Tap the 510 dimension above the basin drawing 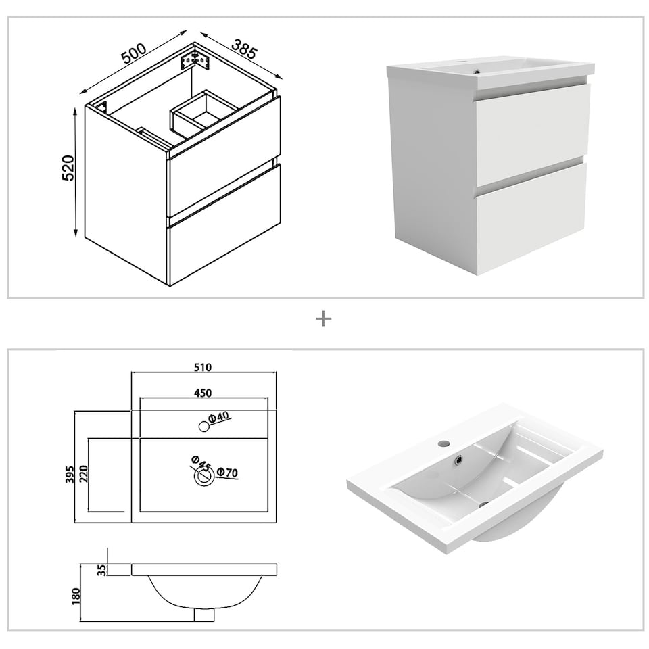(x=203, y=367)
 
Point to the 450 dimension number (x=203, y=393)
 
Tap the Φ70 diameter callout (x=227, y=473)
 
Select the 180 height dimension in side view (x=76, y=596)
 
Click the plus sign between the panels (x=324, y=318)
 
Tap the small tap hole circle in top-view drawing (x=203, y=427)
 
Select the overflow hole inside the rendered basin (x=460, y=459)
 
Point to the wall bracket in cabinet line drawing (x=196, y=59)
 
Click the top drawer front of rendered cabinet (x=531, y=133)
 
